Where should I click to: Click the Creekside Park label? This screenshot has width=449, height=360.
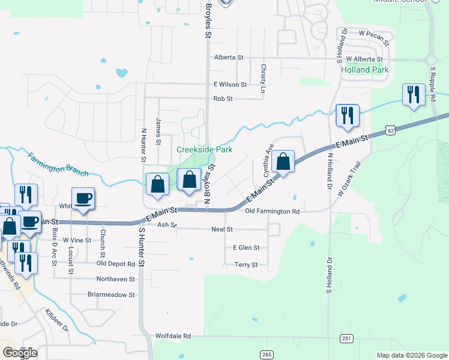click(203, 149)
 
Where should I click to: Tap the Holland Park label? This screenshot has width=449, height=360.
click(364, 70)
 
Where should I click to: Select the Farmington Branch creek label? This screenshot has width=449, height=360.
click(58, 165)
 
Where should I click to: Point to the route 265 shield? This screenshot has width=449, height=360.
click(267, 355)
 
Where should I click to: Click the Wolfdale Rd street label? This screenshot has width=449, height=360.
click(173, 336)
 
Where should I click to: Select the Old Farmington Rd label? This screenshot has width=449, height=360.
click(272, 211)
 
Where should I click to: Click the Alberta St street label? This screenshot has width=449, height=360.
click(229, 58)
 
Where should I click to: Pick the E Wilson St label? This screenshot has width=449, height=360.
click(226, 85)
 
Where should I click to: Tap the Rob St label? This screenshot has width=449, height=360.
click(223, 99)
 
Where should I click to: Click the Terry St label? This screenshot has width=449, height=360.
click(246, 265)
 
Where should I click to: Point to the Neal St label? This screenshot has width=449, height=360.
click(221, 229)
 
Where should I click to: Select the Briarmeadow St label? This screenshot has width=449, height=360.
click(112, 295)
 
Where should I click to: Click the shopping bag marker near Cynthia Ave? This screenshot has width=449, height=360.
click(283, 162)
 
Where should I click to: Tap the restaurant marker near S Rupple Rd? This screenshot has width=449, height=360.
click(414, 95)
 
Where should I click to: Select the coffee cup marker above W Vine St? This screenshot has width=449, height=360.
click(83, 198)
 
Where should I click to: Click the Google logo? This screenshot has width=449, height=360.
click(20, 353)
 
